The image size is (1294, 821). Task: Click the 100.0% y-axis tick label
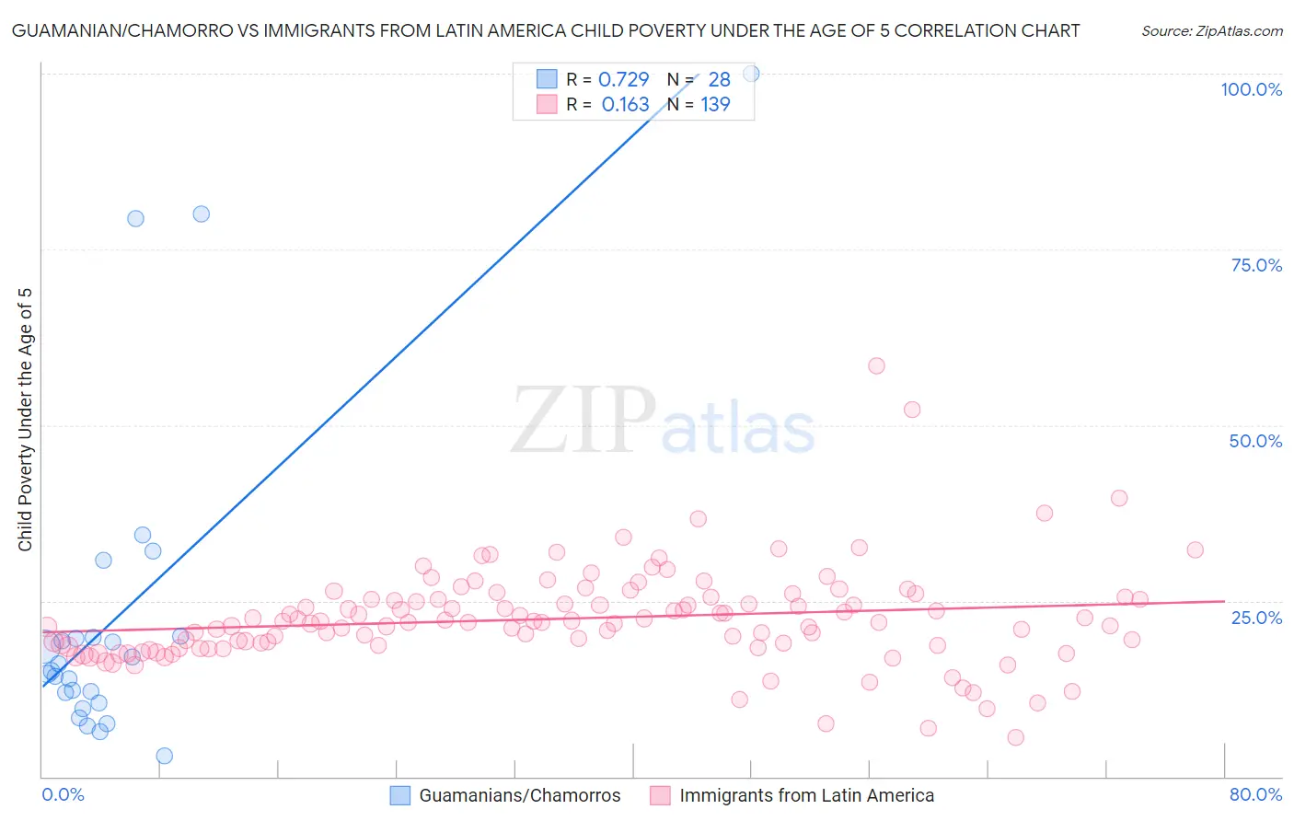click(x=1251, y=89)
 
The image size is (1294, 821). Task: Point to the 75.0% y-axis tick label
click(x=1256, y=265)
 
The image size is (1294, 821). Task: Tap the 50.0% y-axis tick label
click(x=1255, y=441)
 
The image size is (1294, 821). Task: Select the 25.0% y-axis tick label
click(x=1256, y=617)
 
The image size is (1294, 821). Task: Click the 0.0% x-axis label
click(x=63, y=794)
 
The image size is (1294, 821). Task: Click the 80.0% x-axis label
click(x=1255, y=794)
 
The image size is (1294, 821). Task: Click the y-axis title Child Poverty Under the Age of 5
click(x=25, y=420)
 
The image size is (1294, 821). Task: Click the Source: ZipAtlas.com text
click(x=1211, y=30)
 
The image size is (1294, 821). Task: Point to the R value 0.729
click(x=624, y=79)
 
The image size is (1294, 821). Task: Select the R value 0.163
click(x=625, y=105)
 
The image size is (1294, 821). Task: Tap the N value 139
click(x=715, y=105)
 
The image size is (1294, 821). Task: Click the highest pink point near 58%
click(x=876, y=365)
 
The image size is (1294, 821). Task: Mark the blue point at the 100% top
click(x=751, y=74)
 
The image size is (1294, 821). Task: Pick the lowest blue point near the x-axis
click(x=165, y=756)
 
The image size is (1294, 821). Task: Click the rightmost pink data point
click(x=1195, y=549)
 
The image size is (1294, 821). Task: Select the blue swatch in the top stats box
click(x=547, y=79)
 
